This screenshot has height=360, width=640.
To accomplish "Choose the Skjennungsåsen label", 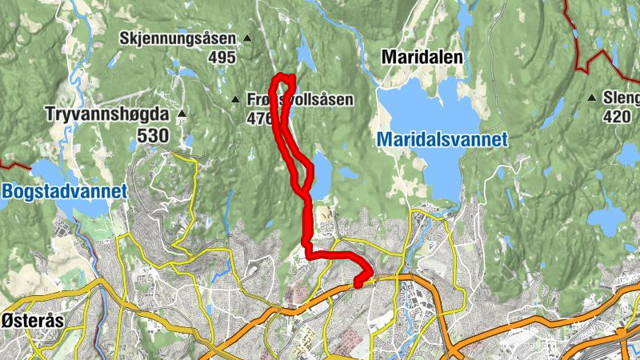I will click(x=178, y=38).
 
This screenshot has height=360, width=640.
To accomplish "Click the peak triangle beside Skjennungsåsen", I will click(x=246, y=38).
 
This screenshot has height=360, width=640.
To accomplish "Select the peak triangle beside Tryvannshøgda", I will click(x=182, y=114).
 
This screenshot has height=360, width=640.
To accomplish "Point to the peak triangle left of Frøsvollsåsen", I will click(x=235, y=100).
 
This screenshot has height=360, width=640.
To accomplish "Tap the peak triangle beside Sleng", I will click(x=591, y=98).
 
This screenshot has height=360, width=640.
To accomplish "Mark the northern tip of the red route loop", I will click(x=284, y=76).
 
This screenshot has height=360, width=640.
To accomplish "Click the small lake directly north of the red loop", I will click(x=305, y=54).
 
